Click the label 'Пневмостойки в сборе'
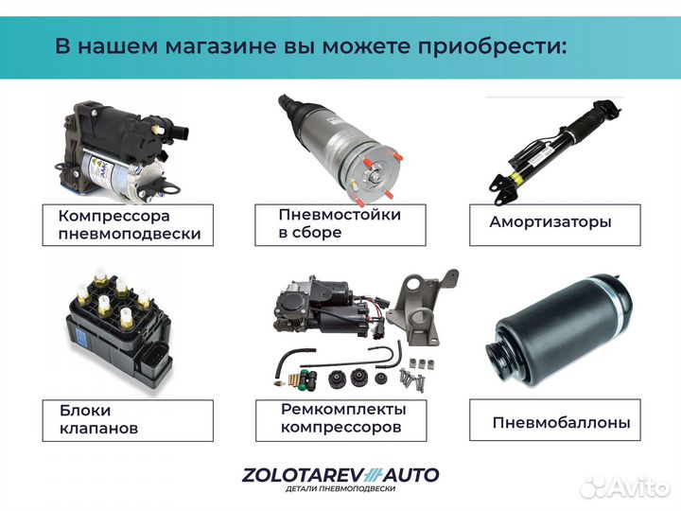coord(340,223)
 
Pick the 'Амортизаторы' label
coord(550,223)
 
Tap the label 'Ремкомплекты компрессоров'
coord(342,418)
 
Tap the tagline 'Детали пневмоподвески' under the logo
coord(340,489)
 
